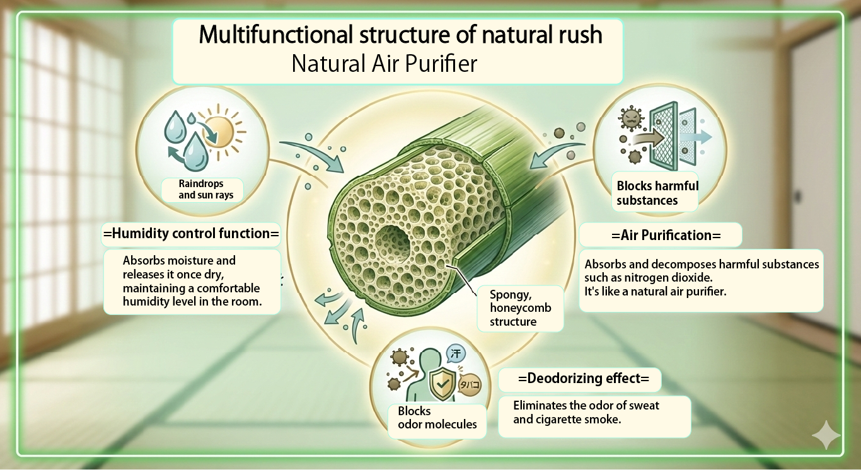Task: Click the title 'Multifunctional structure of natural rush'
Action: [400, 35]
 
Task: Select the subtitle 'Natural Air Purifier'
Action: [384, 64]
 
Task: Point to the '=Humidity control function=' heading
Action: [190, 234]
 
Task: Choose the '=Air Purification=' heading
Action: [661, 235]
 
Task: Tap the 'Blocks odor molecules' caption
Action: [437, 418]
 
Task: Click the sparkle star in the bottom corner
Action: [825, 435]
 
